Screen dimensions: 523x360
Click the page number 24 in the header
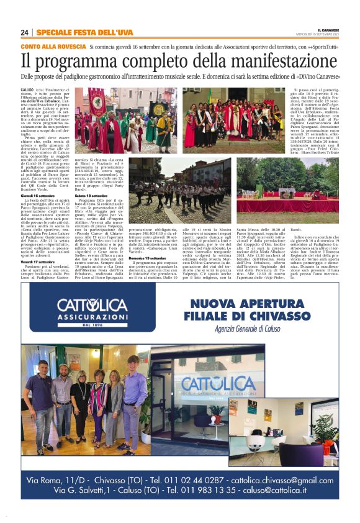tap(25, 33)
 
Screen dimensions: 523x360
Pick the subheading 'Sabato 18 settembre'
tap(93, 195)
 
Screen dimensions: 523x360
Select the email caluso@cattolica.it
tap(291, 490)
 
